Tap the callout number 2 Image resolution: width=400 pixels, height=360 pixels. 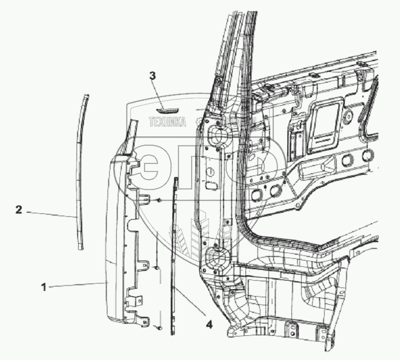pyautogui.click(x=19, y=211)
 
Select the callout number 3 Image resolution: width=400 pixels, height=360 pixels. pyautogui.click(x=152, y=75)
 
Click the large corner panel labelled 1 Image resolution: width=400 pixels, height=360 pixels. pyautogui.click(x=118, y=242)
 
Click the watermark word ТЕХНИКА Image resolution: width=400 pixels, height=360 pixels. pyautogui.click(x=167, y=122)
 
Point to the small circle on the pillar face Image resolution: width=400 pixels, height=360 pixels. pyautogui.click(x=211, y=172)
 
